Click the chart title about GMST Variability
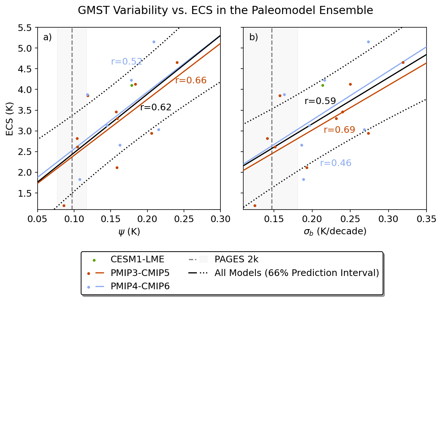pyautogui.click(x=225, y=11)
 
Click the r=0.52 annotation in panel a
pyautogui.click(x=126, y=62)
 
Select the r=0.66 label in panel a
pyautogui.click(x=191, y=80)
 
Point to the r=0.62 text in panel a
pyautogui.click(x=156, y=107)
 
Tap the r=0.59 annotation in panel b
pyautogui.click(x=320, y=101)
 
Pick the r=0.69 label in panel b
pyautogui.click(x=339, y=130)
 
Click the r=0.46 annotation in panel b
pyautogui.click(x=335, y=163)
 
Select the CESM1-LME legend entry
pyautogui.click(x=137, y=259)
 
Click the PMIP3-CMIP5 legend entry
pyautogui.click(x=140, y=273)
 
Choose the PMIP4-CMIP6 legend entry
pyautogui.click(x=140, y=286)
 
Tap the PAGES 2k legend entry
pyautogui.click(x=236, y=259)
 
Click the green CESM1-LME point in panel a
pyautogui.click(x=132, y=85)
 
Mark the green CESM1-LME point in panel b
pyautogui.click(x=323, y=85)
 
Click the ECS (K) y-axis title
pyautogui.click(x=10, y=119)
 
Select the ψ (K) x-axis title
pyautogui.click(x=129, y=232)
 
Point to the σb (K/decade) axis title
pyautogui.click(x=335, y=232)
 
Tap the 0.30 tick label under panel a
pyautogui.click(x=220, y=219)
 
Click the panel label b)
pyautogui.click(x=254, y=37)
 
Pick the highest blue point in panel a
pyautogui.click(x=154, y=42)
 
